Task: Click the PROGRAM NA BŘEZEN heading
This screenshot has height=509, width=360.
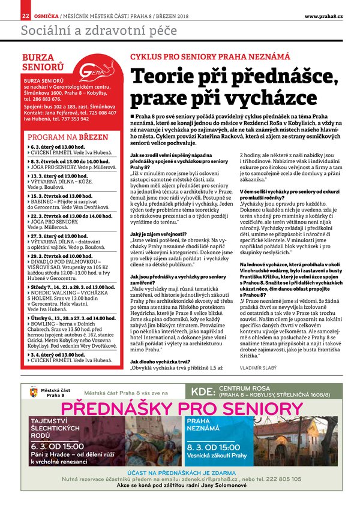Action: point(68,137)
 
